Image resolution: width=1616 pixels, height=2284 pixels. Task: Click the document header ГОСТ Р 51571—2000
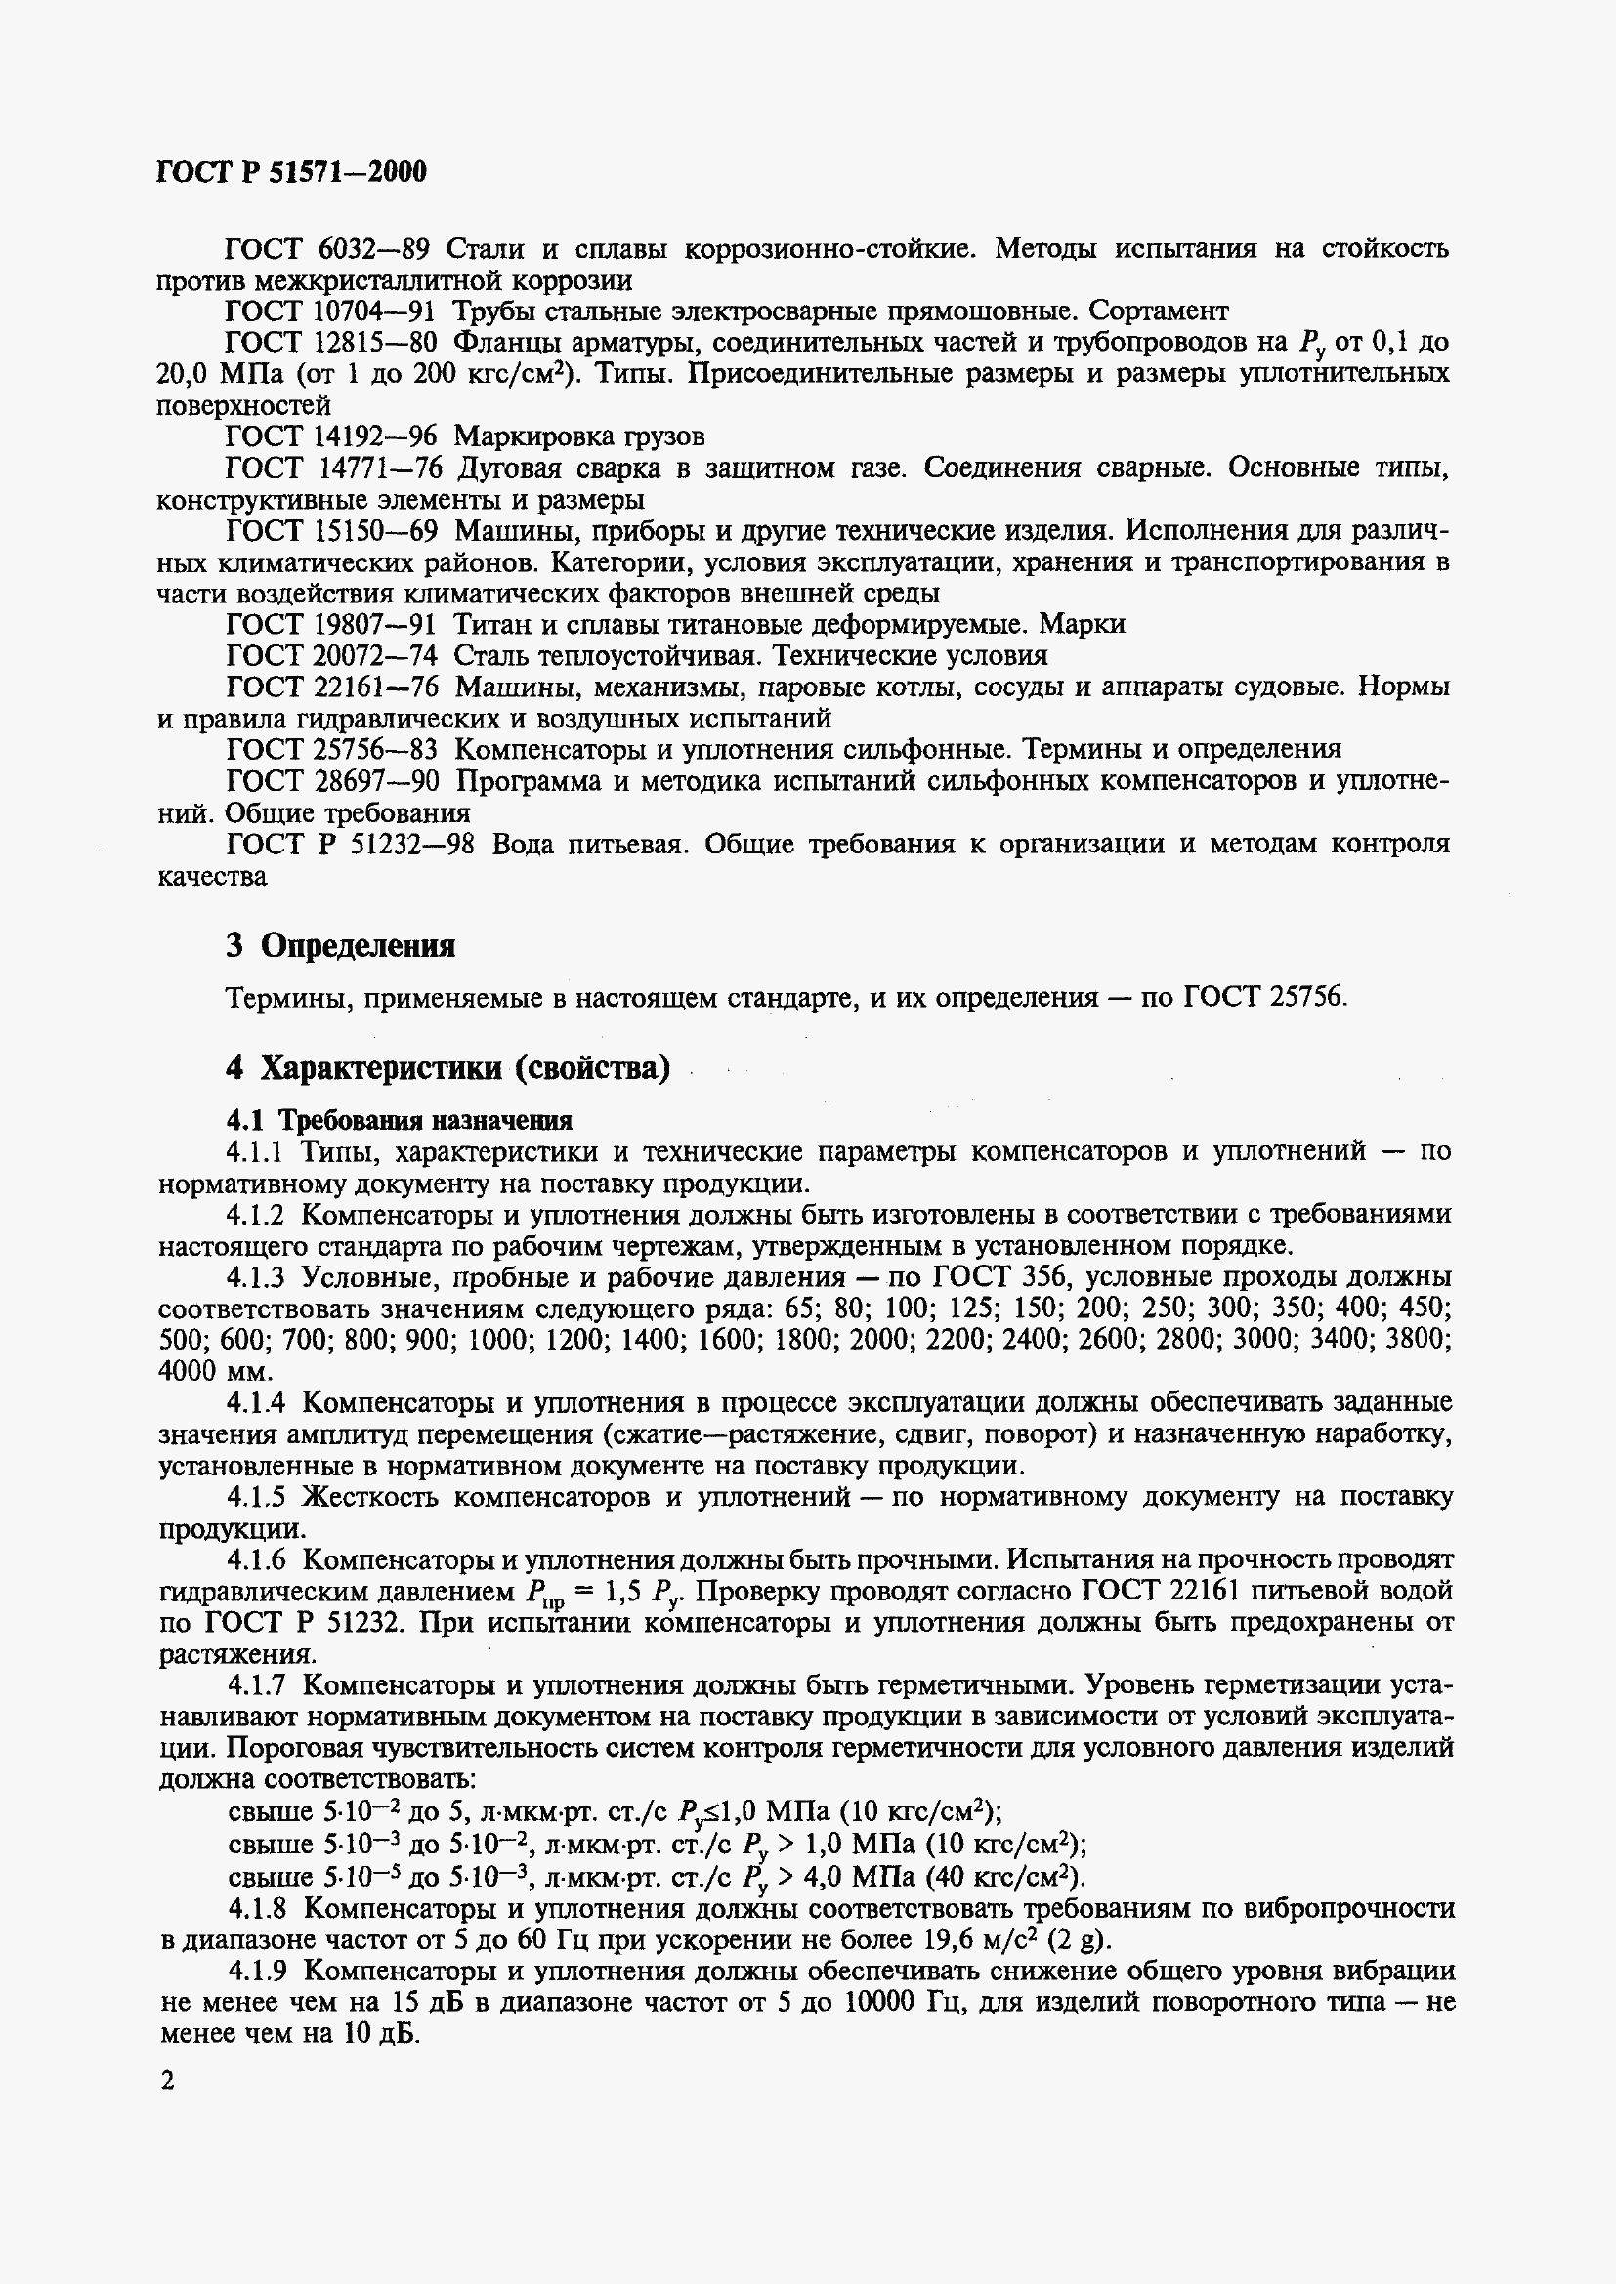(291, 172)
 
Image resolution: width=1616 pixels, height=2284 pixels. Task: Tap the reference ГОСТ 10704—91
(331, 312)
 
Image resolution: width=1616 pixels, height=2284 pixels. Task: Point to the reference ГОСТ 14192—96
(331, 436)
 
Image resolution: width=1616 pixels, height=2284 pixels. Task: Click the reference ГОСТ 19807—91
(331, 625)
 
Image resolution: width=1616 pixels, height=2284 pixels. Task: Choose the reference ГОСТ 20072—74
(331, 656)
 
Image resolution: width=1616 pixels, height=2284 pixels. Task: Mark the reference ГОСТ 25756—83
(331, 749)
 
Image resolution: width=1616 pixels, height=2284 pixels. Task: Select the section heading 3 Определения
(340, 946)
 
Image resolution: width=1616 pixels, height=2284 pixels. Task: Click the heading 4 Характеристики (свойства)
(447, 1068)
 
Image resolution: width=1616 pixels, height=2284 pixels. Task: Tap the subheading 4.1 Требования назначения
(399, 1121)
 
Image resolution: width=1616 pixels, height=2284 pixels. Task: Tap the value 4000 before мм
(185, 1371)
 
